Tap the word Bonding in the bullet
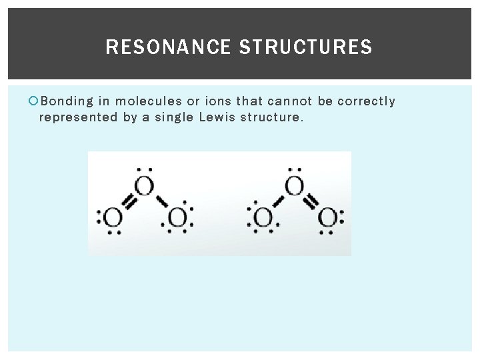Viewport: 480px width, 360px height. pyautogui.click(x=67, y=101)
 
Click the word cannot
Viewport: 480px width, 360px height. pyautogui.click(x=291, y=101)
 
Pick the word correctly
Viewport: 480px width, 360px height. pyautogui.click(x=366, y=101)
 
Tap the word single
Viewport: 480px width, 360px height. pyautogui.click(x=173, y=117)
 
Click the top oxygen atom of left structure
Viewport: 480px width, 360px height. pyautogui.click(x=144, y=185)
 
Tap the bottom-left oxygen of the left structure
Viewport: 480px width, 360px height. pyautogui.click(x=113, y=217)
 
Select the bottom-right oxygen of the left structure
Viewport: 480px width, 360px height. pyautogui.click(x=177, y=217)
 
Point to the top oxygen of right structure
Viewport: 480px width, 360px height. pyautogui.click(x=294, y=185)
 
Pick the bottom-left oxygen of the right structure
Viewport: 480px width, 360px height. pyautogui.click(x=263, y=217)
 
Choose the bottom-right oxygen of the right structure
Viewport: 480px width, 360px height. pyautogui.click(x=327, y=217)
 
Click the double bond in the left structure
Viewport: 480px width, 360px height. pyautogui.click(x=129, y=201)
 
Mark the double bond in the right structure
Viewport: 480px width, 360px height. pyautogui.click(x=311, y=201)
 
